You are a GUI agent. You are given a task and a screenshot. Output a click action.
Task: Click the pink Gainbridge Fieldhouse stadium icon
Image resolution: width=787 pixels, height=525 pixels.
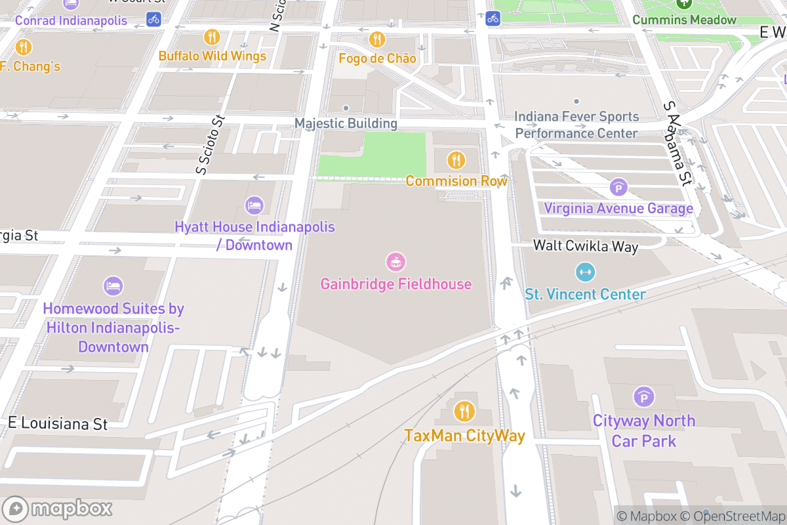tap(395, 262)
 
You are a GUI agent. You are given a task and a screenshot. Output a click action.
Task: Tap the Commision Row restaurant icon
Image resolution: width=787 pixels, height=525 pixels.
tap(456, 159)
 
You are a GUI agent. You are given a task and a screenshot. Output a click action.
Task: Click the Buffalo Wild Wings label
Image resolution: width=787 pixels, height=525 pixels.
tap(212, 56)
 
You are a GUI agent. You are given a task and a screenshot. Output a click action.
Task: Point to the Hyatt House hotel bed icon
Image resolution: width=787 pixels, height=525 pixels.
tap(254, 205)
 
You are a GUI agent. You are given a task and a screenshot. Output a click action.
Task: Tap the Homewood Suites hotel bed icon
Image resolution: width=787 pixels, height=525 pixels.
tap(113, 286)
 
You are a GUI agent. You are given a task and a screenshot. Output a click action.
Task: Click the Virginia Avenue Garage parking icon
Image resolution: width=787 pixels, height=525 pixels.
tap(618, 188)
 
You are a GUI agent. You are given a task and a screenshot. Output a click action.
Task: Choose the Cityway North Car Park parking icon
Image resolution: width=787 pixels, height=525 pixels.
tap(643, 397)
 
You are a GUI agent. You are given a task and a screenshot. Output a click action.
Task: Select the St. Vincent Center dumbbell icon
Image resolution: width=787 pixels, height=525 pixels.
tap(584, 272)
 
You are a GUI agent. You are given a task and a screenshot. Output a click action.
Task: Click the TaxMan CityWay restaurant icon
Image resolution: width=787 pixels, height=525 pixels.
tap(464, 412)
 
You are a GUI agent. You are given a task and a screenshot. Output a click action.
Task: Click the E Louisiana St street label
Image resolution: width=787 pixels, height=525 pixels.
tap(58, 424)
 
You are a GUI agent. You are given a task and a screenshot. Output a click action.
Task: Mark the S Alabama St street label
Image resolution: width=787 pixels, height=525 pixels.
tap(678, 143)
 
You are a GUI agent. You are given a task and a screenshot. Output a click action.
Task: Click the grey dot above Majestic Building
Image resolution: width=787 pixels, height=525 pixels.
tap(346, 108)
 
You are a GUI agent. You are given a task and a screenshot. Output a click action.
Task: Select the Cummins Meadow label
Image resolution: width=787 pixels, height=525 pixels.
tap(684, 20)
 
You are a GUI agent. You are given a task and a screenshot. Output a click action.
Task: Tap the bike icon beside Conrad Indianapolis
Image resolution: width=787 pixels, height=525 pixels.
tap(153, 18)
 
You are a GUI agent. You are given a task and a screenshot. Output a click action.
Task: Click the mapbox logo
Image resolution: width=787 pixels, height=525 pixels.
tap(58, 509)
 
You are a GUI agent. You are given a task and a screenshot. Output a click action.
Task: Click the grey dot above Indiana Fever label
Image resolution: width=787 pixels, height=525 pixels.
tap(576, 101)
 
